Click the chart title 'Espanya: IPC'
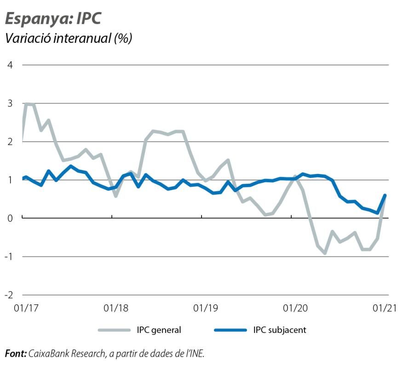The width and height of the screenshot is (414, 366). point(53,18)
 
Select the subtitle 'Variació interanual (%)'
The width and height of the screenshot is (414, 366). point(68,38)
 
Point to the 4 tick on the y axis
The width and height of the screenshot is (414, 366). point(10,64)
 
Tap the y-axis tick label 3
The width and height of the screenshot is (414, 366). point(10,103)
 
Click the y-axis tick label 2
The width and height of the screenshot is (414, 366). point(10,141)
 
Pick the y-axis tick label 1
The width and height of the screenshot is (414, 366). point(10,180)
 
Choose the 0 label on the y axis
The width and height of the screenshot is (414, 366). point(10,218)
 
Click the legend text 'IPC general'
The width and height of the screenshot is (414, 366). point(159,330)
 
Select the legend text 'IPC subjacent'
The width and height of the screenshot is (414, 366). point(279,330)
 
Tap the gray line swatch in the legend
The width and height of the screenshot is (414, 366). point(114,330)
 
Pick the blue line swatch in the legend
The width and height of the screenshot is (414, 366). point(230,330)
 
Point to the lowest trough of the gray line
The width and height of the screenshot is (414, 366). point(325,253)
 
